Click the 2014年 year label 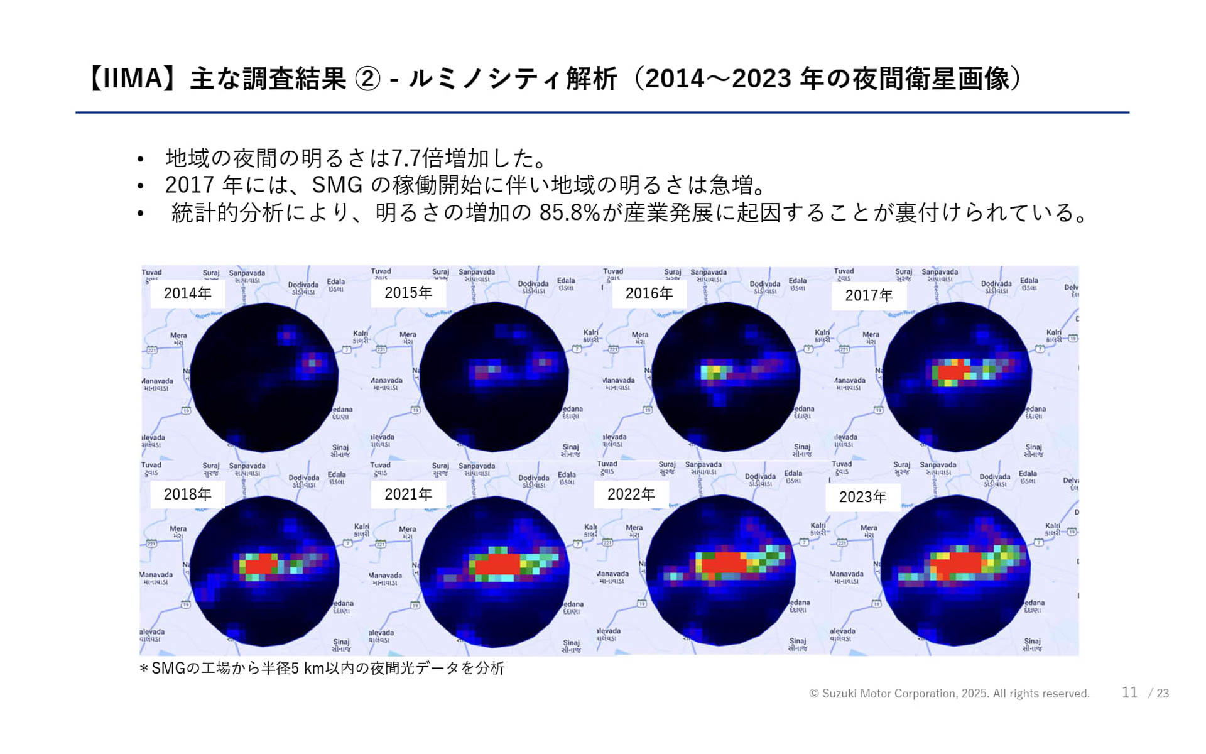[x=187, y=293]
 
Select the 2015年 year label [x=408, y=293]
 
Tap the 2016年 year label [x=649, y=293]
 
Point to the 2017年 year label [x=869, y=295]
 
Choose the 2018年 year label [x=187, y=494]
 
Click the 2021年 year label [x=408, y=494]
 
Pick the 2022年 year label [x=631, y=494]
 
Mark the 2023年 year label [x=862, y=497]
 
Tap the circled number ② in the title [x=367, y=79]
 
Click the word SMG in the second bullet [x=337, y=185]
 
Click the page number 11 [x=1129, y=692]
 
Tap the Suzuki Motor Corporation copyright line [x=949, y=694]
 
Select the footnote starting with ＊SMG [x=322, y=668]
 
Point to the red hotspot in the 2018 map [x=260, y=564]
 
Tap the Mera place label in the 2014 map [x=178, y=338]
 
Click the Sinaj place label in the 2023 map [x=1032, y=644]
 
